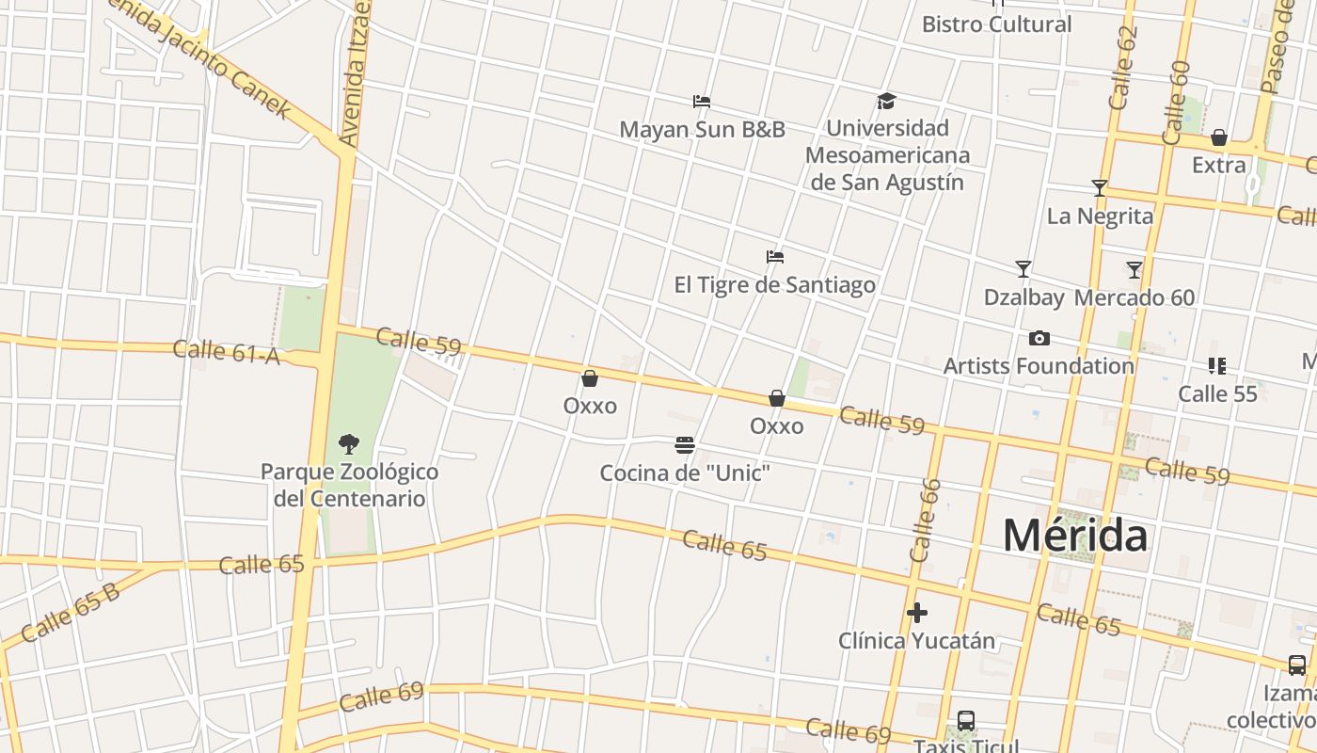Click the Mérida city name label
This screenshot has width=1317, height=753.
click(1074, 536)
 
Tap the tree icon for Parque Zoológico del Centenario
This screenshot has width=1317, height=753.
click(348, 443)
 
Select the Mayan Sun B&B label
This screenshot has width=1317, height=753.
click(702, 129)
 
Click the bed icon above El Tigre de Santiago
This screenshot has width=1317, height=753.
click(775, 256)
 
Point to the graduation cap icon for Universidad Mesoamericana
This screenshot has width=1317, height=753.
click(886, 101)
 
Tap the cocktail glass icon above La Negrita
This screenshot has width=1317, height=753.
click(1099, 188)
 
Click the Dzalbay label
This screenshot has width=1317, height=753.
click(1023, 297)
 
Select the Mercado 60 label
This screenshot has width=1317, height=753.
click(1135, 297)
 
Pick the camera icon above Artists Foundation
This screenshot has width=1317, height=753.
click(1039, 338)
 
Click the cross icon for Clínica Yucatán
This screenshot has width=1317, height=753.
click(917, 614)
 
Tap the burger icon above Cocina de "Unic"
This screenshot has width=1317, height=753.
click(685, 444)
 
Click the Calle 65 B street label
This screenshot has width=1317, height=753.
click(70, 613)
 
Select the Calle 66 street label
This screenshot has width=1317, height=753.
click(926, 521)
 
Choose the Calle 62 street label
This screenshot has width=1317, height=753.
click(1123, 68)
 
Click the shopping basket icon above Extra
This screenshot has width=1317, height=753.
click(1219, 137)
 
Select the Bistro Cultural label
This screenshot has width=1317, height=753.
click(996, 24)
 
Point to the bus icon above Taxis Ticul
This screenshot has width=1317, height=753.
click(965, 721)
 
